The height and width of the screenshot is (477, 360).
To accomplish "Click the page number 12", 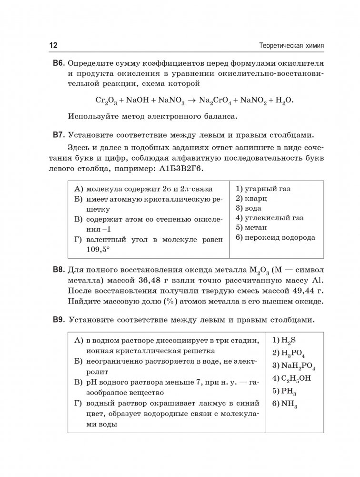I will click(53, 46).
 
